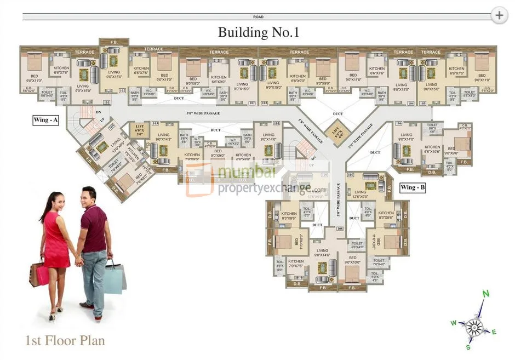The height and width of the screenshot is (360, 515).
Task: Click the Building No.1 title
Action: click(x=258, y=32)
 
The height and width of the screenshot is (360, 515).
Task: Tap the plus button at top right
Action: click(x=499, y=15)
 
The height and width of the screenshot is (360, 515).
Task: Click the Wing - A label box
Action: click(x=45, y=120)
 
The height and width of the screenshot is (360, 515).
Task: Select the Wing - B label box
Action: click(x=413, y=187)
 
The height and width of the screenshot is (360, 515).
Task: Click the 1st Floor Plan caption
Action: click(x=65, y=341)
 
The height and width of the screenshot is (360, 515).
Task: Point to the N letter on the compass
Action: click(x=485, y=294)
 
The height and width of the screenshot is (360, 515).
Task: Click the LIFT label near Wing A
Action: click(x=139, y=130)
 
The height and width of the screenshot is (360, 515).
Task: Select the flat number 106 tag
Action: click(x=398, y=124)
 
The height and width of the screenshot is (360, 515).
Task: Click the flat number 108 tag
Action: click(x=339, y=228)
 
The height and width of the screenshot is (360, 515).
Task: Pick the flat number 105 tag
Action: click(x=422, y=103)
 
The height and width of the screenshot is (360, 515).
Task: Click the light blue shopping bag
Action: click(x=114, y=278)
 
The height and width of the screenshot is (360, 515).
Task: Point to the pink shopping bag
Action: click(x=42, y=275)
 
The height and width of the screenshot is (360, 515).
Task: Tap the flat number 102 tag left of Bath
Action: click(x=122, y=90)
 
